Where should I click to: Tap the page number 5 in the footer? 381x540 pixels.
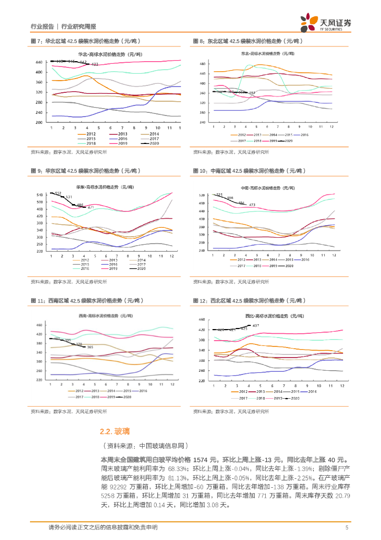coord(347,527)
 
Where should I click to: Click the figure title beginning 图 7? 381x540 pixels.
coord(84,41)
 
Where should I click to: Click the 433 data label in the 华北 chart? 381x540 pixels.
coord(95,64)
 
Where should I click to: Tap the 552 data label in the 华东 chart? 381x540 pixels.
coord(58,194)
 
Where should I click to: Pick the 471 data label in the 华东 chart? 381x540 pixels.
coord(91,207)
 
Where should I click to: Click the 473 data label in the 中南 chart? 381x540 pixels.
coord(252,205)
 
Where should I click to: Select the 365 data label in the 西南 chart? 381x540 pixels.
coord(90,347)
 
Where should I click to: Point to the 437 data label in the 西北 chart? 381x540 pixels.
coord(256,325)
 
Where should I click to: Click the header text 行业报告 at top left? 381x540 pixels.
coord(42,26)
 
